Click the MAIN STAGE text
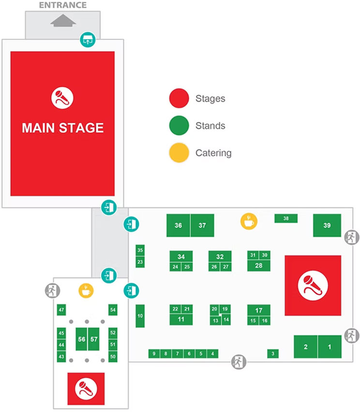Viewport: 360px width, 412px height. click(62, 128)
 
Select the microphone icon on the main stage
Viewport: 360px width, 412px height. click(62, 98)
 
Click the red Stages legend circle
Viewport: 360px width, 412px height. click(178, 99)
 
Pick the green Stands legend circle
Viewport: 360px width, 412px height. click(178, 126)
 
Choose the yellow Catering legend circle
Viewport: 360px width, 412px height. click(178, 153)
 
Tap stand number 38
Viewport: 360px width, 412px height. click(286, 219)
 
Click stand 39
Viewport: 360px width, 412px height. click(327, 225)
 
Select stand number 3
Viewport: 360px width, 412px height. click(273, 354)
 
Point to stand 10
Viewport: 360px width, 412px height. click(140, 316)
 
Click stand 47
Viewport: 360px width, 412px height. click(61, 309)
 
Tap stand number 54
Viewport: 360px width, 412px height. click(113, 309)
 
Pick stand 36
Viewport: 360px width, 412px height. click(178, 225)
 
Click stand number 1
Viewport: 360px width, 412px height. click(330, 347)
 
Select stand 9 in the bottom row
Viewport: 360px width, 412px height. click(154, 354)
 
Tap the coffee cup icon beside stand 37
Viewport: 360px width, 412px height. click(249, 221)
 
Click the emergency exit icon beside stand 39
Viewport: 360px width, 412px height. click(351, 237)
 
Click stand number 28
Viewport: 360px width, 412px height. click(258, 265)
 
